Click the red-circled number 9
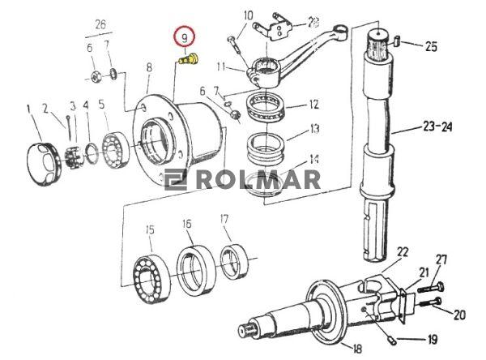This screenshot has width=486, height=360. [x=185, y=38]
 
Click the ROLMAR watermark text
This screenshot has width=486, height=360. [x=251, y=179]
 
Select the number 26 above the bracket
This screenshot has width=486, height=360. [x=100, y=24]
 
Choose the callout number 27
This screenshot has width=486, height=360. [x=441, y=259]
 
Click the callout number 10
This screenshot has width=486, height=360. [x=248, y=15]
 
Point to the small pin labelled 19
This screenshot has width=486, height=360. [x=393, y=336]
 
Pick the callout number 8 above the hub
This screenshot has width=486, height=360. [x=149, y=69]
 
